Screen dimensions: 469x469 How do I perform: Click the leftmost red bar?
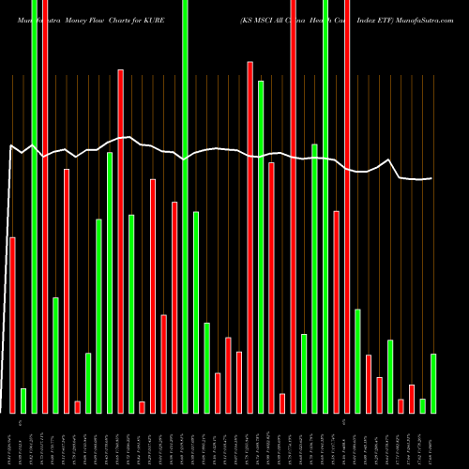click(x=13, y=325)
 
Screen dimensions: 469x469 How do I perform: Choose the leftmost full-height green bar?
click(x=35, y=206)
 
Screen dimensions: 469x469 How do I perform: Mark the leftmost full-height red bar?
click(x=45, y=206)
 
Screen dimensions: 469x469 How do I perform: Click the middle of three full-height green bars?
click(x=185, y=206)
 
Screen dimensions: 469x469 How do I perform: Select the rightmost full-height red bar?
click(x=347, y=206)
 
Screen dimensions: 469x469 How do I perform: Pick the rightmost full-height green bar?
click(x=325, y=206)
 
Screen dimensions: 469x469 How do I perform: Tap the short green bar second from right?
click(x=422, y=405)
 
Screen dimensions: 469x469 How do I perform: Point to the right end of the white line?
click(x=432, y=178)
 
